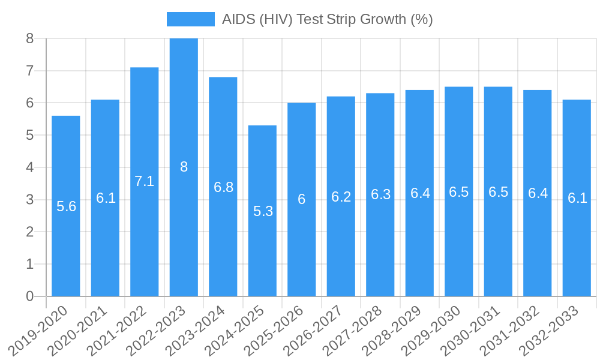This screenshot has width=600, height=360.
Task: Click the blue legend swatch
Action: tap(190, 19)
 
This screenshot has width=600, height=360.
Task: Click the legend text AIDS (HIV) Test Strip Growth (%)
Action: tap(327, 19)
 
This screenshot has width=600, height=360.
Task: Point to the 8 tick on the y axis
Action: tap(29, 39)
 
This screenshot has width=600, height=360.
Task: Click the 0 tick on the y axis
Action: tap(29, 296)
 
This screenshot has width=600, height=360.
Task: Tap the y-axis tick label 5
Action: tap(29, 136)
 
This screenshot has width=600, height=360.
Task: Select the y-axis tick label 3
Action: tap(29, 200)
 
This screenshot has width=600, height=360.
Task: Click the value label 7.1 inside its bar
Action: tap(144, 181)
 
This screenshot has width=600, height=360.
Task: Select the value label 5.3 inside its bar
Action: tap(263, 211)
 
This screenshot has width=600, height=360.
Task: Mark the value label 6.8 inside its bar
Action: tap(223, 187)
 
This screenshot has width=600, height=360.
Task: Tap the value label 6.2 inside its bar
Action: tap(341, 196)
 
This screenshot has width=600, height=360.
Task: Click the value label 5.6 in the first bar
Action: tap(66, 206)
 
